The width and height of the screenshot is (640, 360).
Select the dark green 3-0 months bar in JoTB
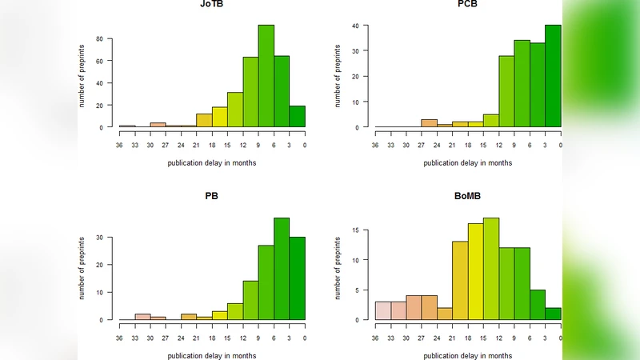(297, 116)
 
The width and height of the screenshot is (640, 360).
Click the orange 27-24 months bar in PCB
(429, 123)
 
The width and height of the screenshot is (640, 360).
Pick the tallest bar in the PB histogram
(282, 268)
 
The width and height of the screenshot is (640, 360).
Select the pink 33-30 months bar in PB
(142, 317)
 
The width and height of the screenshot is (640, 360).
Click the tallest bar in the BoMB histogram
(491, 269)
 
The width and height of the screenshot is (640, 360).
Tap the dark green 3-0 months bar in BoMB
(553, 314)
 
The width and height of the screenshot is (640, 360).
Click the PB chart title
(212, 196)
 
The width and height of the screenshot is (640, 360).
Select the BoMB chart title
(468, 196)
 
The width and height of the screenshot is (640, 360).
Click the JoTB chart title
(212, 4)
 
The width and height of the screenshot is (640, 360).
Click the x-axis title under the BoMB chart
(468, 354)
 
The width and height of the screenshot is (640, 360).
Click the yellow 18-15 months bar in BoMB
(475, 272)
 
